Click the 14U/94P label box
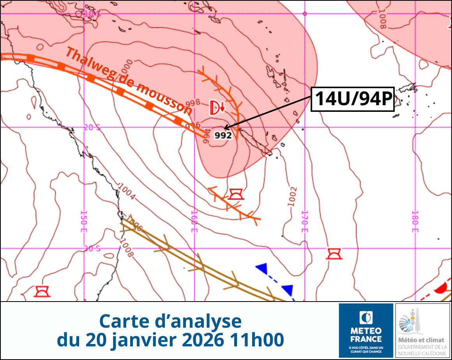[x=352, y=99]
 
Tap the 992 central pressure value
[x=223, y=136]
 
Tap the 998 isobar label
[x=192, y=103]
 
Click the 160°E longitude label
[x=194, y=221]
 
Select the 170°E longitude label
[x=305, y=221]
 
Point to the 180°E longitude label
[x=415, y=221]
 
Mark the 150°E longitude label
[x=83, y=221]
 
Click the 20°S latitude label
[x=92, y=127]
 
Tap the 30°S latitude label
[x=92, y=248]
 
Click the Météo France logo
[x=366, y=330]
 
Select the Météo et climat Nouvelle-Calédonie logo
[x=423, y=330]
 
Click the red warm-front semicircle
[x=441, y=289]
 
